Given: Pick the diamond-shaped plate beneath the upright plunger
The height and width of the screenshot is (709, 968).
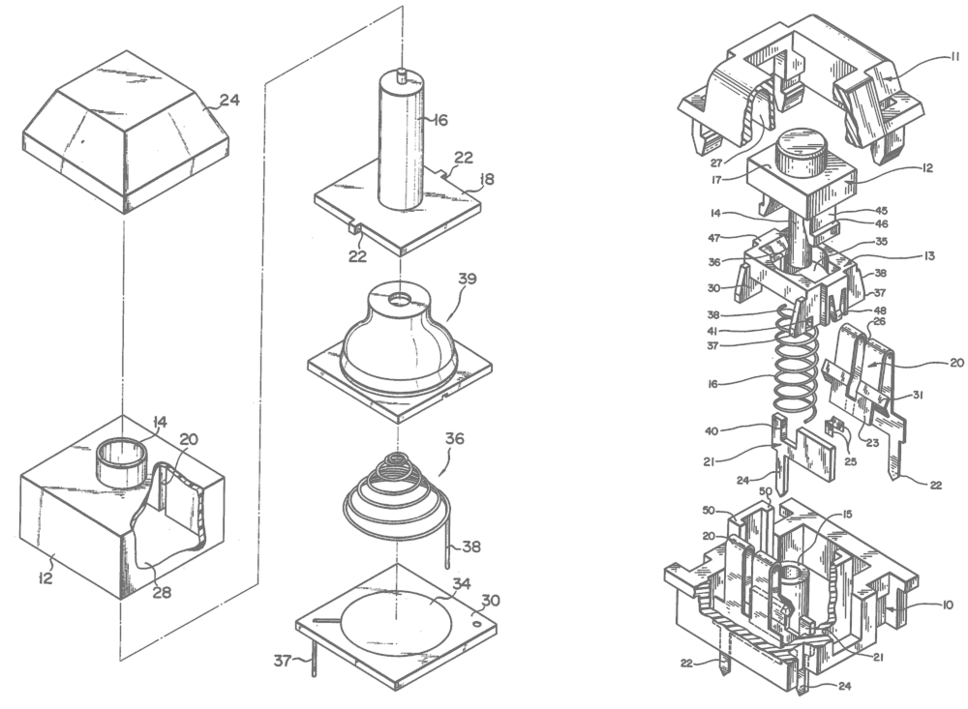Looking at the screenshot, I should (402, 208).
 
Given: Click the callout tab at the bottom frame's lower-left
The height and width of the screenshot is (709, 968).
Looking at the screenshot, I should (287, 661).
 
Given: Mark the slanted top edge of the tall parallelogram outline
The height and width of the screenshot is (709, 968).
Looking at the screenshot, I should (329, 39).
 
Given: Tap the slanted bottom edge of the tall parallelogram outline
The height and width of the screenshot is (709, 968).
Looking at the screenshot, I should (189, 624).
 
